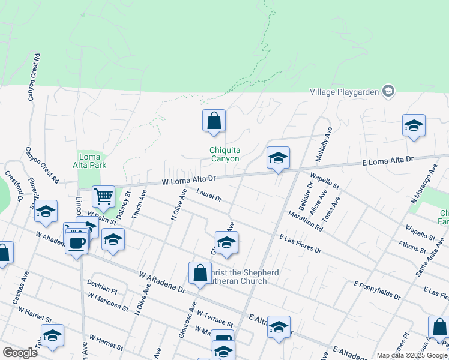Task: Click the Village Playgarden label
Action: pyautogui.click(x=344, y=92)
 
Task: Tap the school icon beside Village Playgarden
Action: pyautogui.click(x=388, y=91)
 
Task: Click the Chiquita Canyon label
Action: pyautogui.click(x=224, y=155)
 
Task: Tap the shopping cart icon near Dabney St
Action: pyautogui.click(x=103, y=196)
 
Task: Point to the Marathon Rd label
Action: pyautogui.click(x=306, y=221)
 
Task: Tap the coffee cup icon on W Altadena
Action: pyautogui.click(x=76, y=242)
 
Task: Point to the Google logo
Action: pyautogui.click(x=20, y=352)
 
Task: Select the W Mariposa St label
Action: pyautogui.click(x=108, y=303)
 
